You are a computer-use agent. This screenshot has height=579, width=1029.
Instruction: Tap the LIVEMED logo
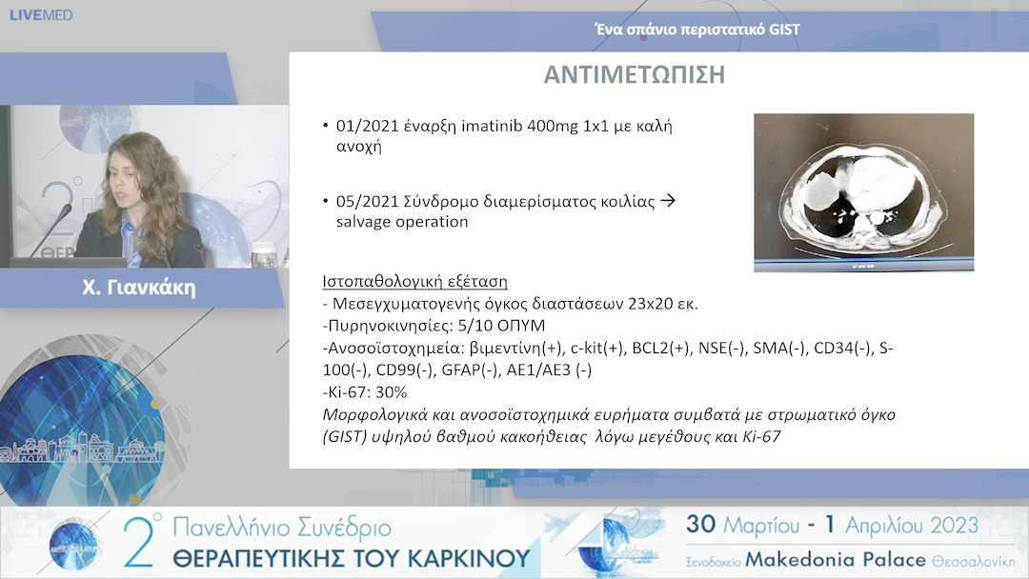coord(41,15)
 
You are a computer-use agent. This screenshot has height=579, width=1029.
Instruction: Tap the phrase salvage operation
coord(401,222)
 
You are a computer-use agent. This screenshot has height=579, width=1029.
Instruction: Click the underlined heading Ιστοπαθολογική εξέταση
coord(415,282)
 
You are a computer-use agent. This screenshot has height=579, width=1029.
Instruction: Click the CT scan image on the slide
coord(863,192)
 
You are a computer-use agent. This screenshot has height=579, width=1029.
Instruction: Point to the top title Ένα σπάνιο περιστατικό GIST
coord(696,30)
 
